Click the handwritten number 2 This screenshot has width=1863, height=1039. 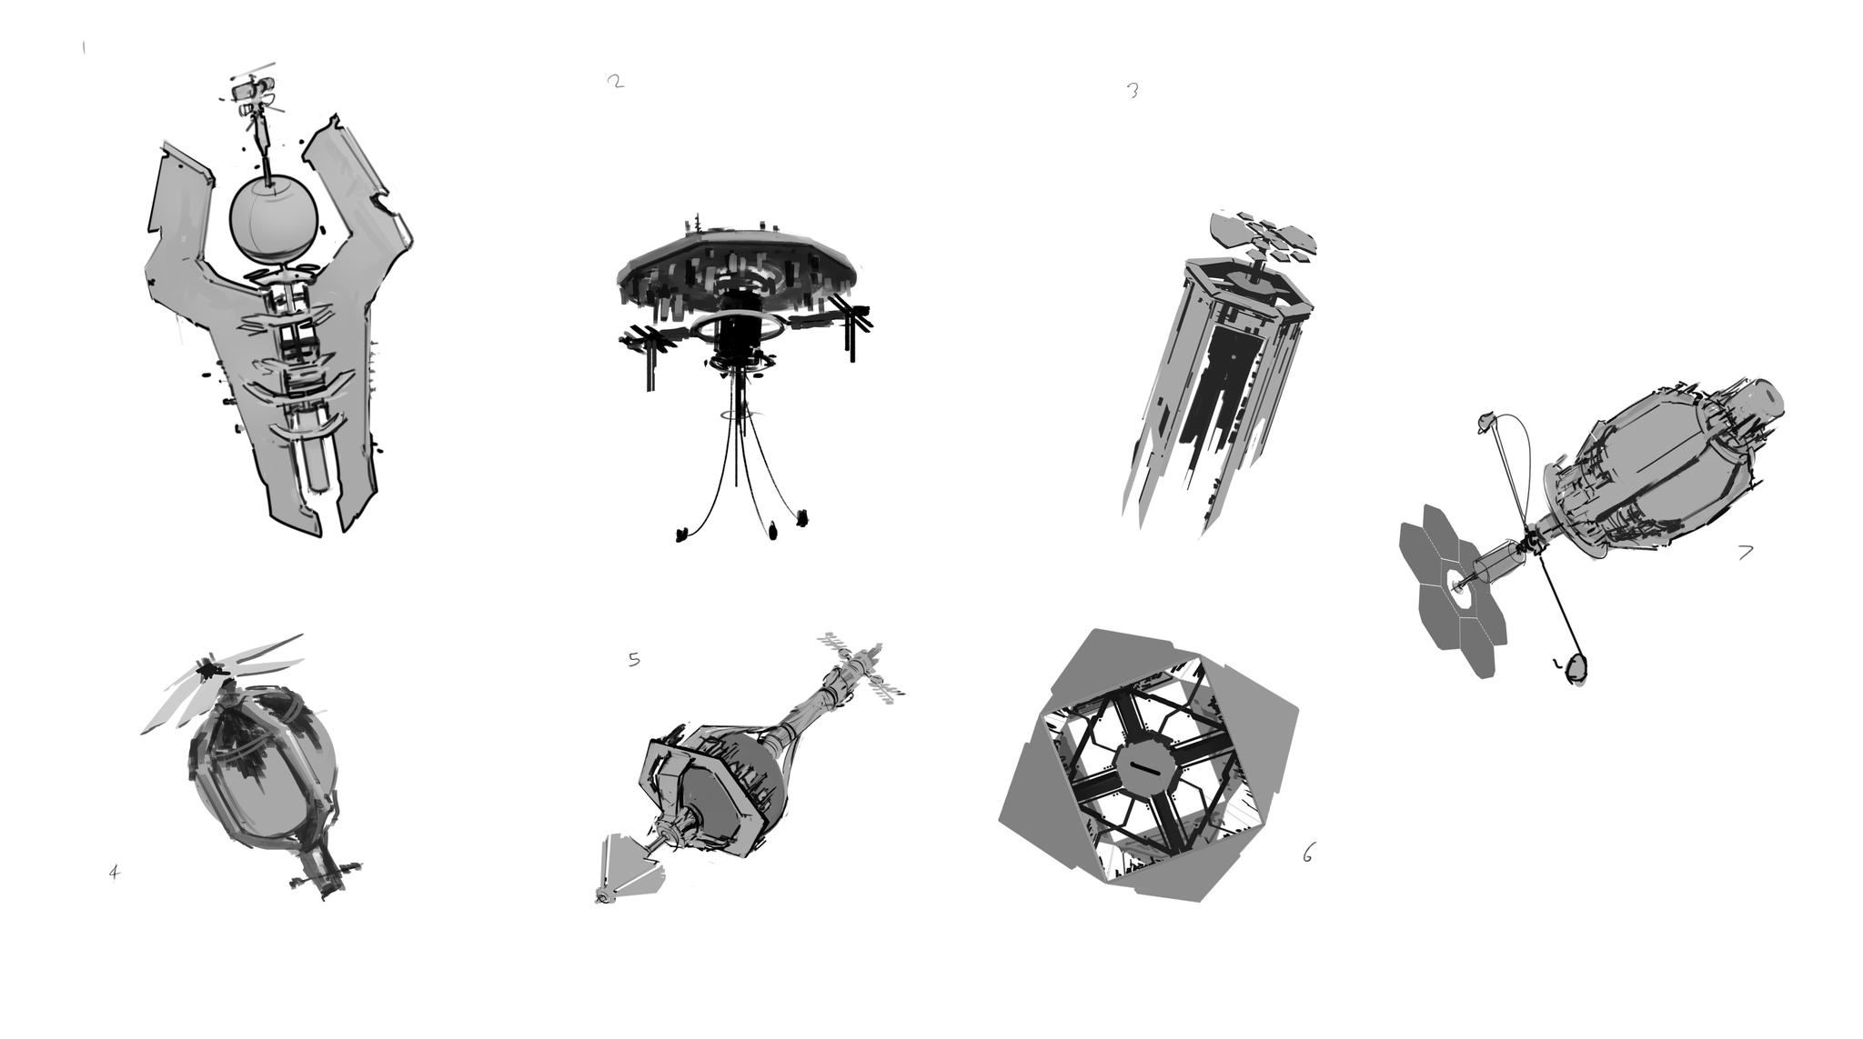616,81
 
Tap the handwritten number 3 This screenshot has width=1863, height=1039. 1133,90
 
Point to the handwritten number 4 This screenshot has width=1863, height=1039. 114,873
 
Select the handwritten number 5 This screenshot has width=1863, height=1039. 634,659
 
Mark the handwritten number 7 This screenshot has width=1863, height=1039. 1745,552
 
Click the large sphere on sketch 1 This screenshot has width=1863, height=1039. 274,219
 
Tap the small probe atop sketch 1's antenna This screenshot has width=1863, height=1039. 253,94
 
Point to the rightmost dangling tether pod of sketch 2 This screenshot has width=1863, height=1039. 801,518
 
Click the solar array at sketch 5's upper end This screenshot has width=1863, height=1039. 860,667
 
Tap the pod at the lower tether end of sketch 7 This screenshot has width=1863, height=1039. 1576,669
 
